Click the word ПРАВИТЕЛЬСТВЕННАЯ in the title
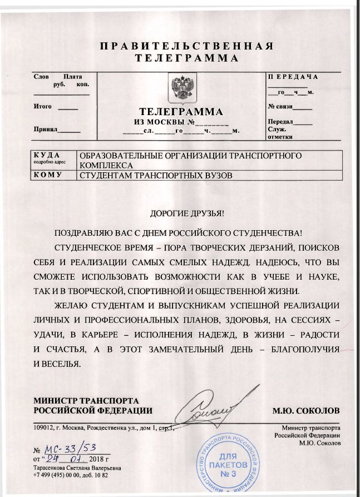click(x=187, y=46)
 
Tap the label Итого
click(x=43, y=106)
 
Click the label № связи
click(x=280, y=106)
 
